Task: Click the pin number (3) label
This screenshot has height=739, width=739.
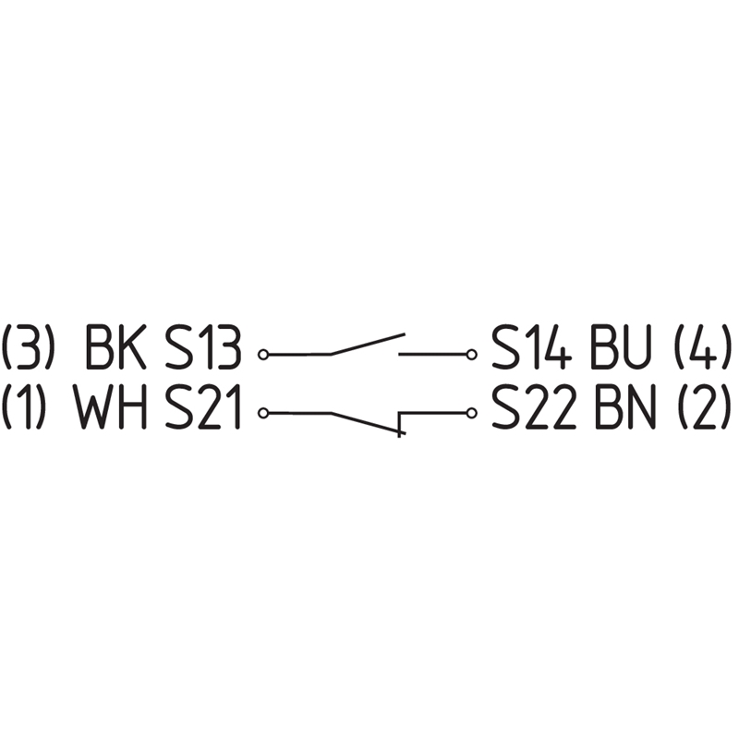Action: tap(26, 347)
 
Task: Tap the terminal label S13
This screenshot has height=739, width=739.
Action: tap(203, 347)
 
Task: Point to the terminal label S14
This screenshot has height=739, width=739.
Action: tap(532, 347)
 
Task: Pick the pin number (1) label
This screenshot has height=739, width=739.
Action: tap(25, 406)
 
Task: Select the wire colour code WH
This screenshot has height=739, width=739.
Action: tap(111, 406)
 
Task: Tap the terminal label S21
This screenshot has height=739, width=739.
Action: tap(203, 406)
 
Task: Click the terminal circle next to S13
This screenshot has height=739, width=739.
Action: tap(263, 354)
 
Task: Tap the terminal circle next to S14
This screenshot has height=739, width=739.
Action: tap(471, 354)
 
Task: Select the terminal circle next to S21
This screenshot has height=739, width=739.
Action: tap(263, 413)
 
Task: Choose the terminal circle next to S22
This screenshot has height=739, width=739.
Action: tap(470, 413)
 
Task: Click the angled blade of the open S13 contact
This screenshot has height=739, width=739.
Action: tap(368, 344)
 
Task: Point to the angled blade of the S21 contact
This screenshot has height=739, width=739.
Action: tap(366, 423)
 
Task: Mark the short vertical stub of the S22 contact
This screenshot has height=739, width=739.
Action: tap(400, 424)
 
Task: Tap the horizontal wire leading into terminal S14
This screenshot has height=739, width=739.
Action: tap(432, 354)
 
